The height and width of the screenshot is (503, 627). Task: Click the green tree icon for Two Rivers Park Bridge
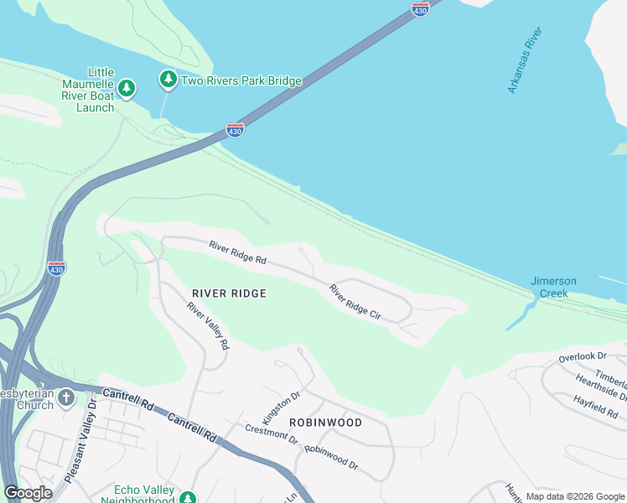[168, 80]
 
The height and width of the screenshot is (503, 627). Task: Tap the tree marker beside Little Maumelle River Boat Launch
[127, 87]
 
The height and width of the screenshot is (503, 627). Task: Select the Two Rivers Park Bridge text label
[241, 81]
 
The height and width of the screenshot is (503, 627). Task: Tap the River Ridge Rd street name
[238, 254]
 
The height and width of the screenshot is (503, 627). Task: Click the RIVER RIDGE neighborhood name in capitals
[229, 293]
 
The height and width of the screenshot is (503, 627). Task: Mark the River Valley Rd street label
[208, 326]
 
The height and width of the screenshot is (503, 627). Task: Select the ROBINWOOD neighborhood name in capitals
[326, 423]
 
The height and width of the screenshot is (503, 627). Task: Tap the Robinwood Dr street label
[331, 458]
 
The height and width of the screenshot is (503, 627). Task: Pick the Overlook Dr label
[583, 357]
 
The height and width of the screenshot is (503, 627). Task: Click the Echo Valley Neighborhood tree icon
[189, 496]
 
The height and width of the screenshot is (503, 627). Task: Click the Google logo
[28, 492]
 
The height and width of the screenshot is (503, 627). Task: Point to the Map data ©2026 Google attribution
[575, 496]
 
